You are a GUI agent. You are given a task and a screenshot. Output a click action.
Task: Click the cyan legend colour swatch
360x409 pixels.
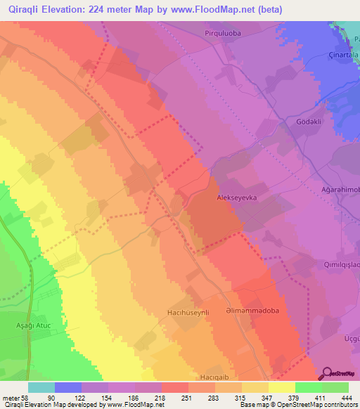click(x=41, y=387)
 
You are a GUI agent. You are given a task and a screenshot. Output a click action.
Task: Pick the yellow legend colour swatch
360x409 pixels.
click(x=281, y=387)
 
